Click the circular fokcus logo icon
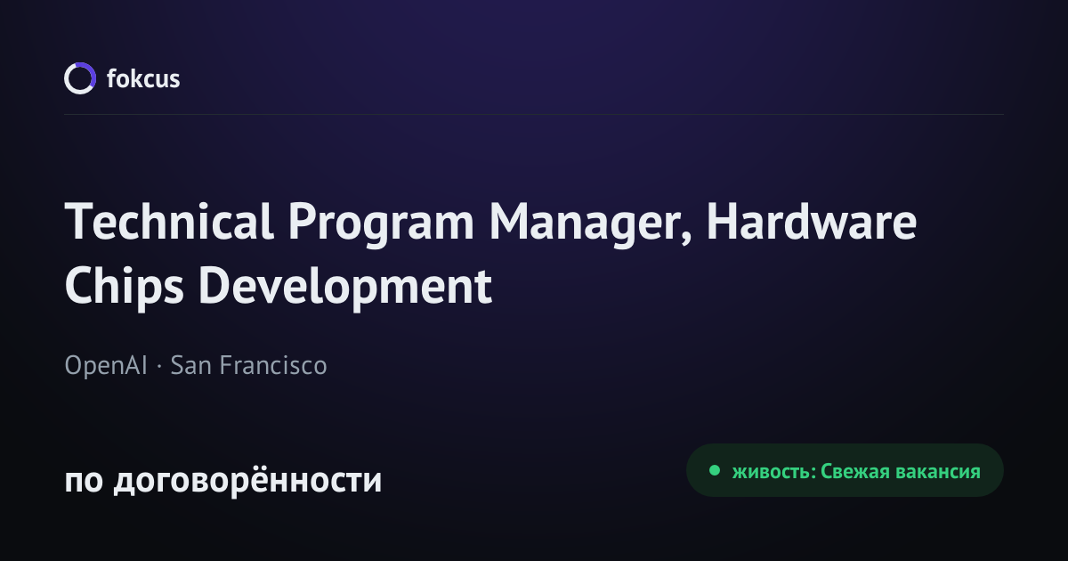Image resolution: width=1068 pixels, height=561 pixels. [80, 78]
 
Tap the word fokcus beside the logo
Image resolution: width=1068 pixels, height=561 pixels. [143, 78]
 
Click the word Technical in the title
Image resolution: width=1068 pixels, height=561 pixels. [169, 222]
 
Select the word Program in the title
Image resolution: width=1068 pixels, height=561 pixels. [381, 225]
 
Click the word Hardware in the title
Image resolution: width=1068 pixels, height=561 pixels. [811, 222]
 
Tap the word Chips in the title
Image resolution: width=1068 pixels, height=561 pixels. [125, 289]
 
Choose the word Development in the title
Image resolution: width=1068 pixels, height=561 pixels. [345, 289]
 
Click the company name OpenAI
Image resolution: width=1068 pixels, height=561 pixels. [106, 365]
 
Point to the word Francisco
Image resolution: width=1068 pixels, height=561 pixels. [273, 365]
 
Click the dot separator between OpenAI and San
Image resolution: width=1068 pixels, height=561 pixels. [159, 367]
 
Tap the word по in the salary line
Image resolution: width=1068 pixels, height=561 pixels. [84, 481]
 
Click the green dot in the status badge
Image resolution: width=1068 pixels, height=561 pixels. [714, 470]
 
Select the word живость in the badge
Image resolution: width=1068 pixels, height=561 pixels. [771, 471]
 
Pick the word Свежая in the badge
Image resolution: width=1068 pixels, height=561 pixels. [855, 471]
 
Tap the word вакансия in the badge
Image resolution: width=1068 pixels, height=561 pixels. [938, 472]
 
